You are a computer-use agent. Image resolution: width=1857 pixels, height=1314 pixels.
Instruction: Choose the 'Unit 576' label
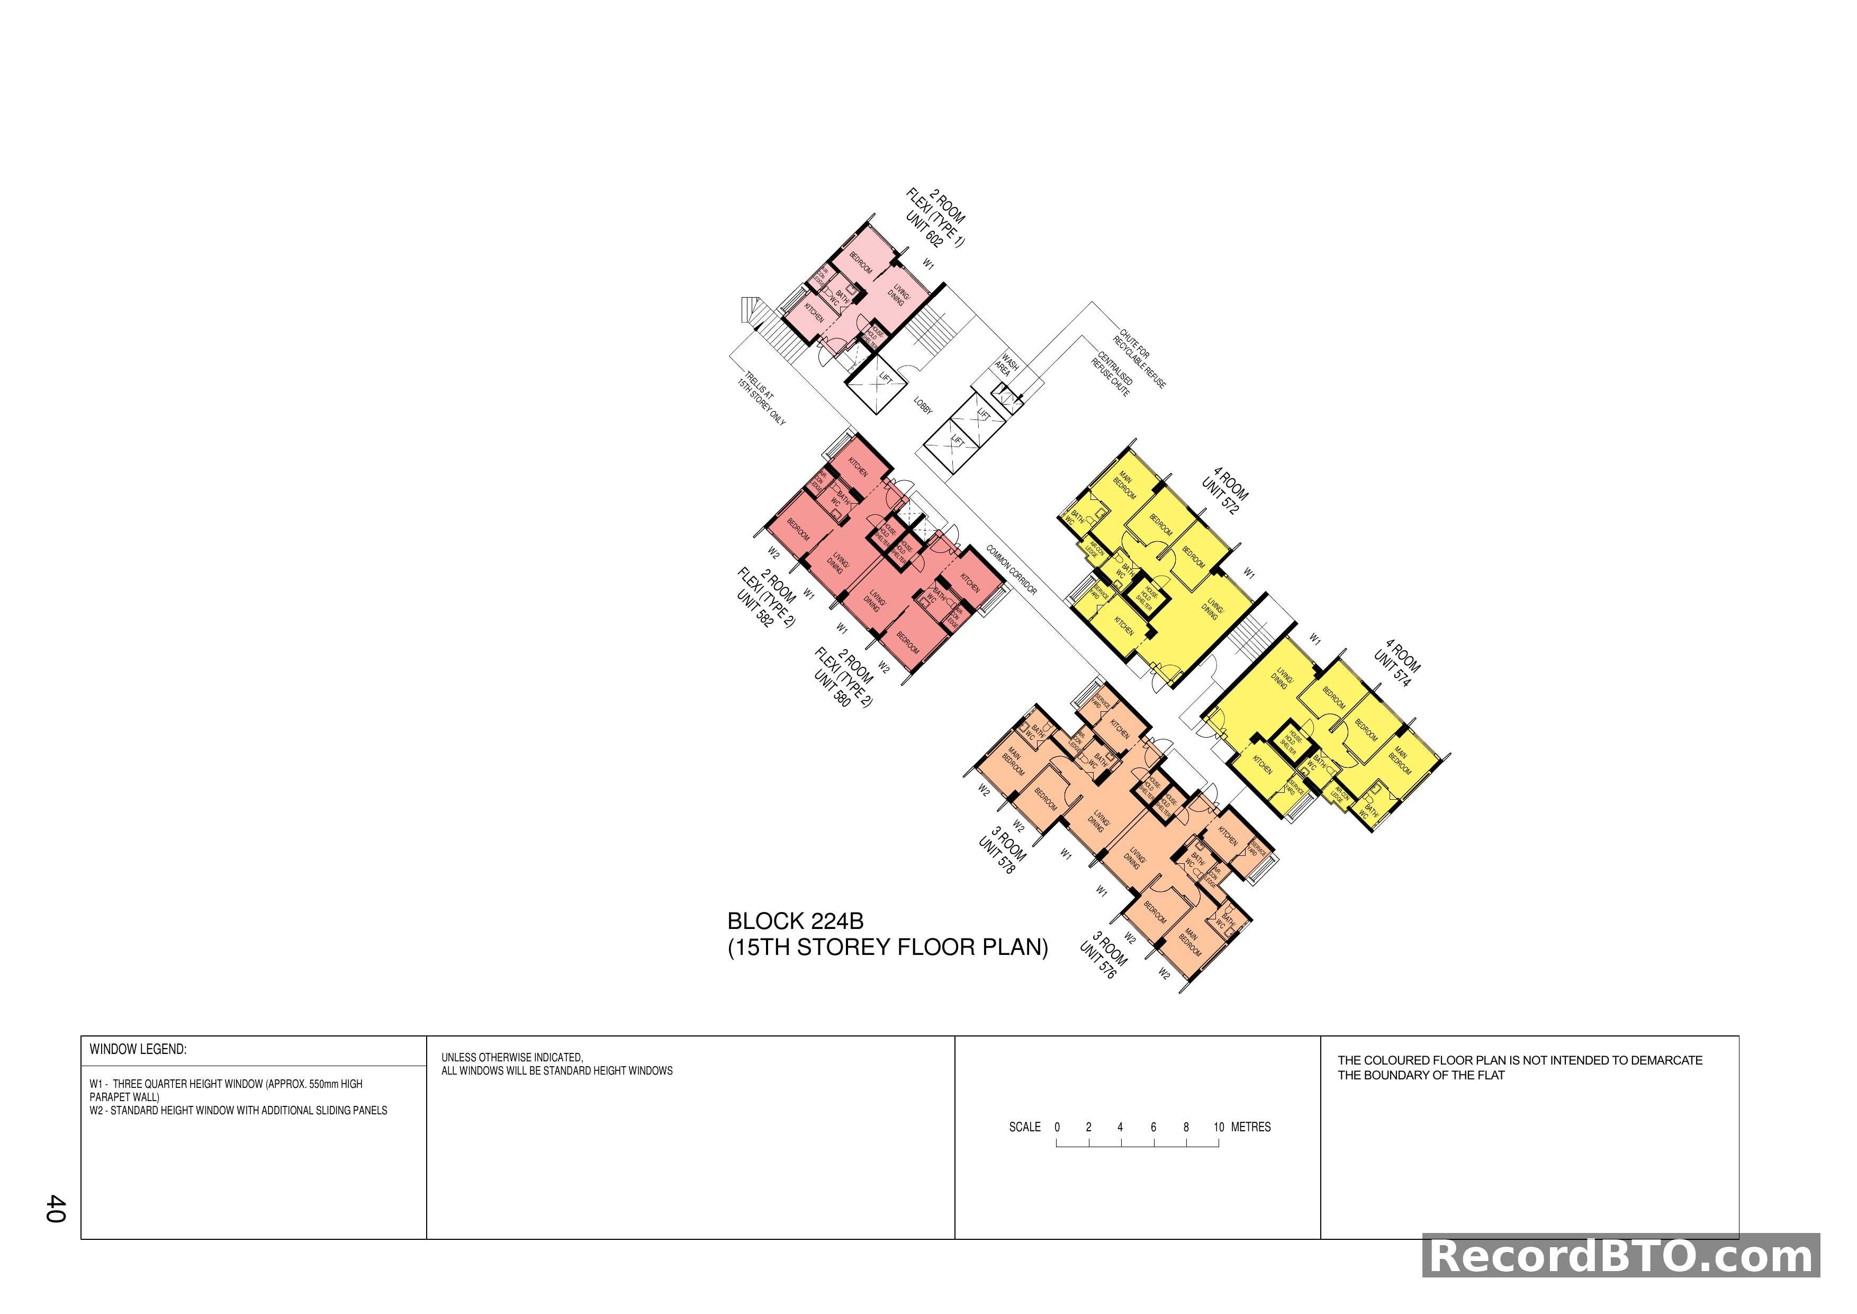pyautogui.click(x=1097, y=960)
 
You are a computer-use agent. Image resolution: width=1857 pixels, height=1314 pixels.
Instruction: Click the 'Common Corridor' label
pyautogui.click(x=1011, y=570)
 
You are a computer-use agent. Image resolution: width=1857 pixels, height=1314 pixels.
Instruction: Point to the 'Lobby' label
pyautogui.click(x=923, y=405)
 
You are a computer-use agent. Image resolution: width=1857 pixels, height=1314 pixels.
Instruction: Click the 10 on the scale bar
pyautogui.click(x=1218, y=1127)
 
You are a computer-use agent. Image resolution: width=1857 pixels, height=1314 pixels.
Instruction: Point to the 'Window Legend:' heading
pyautogui.click(x=138, y=1049)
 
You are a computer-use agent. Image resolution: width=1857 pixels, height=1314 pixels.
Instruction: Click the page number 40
pyautogui.click(x=56, y=1208)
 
